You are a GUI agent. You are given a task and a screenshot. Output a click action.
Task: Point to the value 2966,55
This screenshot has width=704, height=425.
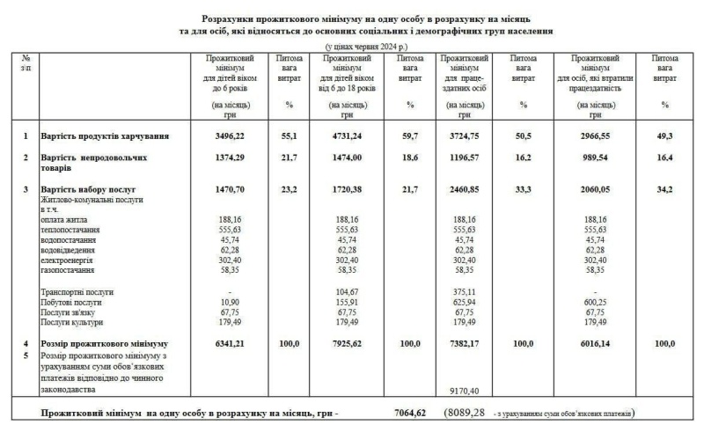[x=596, y=136]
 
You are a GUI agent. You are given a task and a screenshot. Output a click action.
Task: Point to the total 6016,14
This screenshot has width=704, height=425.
[x=596, y=343]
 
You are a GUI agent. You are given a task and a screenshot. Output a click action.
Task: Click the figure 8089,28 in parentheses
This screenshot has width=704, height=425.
[x=466, y=412]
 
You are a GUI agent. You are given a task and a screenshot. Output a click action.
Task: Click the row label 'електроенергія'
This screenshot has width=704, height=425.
[x=66, y=260]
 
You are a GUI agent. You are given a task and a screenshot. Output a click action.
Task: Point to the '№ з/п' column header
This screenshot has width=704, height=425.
[x=26, y=62]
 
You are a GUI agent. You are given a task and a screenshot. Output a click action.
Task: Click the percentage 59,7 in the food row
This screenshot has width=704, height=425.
[x=410, y=136]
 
